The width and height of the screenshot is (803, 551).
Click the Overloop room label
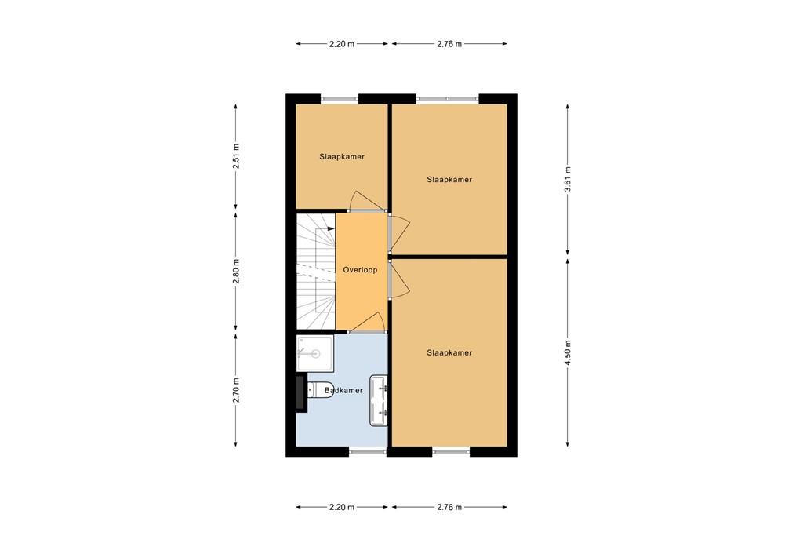360,270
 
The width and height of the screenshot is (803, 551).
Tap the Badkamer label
343,390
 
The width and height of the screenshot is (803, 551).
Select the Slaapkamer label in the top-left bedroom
341,157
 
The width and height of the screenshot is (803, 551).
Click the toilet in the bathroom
321,389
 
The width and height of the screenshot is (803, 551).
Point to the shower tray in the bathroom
315,353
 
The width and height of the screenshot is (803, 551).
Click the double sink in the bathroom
380,400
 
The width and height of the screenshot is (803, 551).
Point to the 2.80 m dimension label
236,271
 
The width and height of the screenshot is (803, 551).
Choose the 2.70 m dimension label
236,390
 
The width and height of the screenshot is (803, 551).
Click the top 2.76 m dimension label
449,44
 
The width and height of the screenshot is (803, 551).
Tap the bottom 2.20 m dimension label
341,507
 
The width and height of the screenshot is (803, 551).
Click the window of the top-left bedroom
340,98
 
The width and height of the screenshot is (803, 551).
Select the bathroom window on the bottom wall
368,451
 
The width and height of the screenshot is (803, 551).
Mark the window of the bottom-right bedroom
451,451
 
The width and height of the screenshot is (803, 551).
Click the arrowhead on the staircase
332,229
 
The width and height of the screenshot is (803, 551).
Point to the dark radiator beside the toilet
300,393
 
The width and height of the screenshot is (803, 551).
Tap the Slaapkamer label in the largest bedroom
449,353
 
